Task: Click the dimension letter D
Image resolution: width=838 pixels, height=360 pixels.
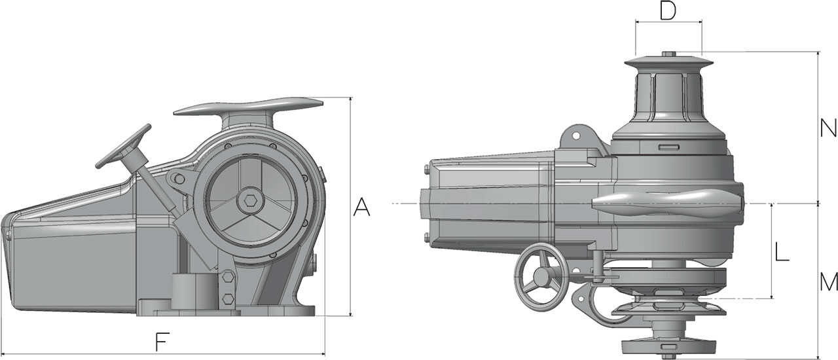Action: [668, 10]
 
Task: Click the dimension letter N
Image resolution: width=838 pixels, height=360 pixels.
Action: [828, 128]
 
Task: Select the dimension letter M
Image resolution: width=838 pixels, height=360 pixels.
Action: [829, 282]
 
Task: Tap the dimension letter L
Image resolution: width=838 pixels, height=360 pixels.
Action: [782, 251]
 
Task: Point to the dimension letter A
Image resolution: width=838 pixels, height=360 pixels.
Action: [361, 207]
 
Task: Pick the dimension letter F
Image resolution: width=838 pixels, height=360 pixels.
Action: [162, 342]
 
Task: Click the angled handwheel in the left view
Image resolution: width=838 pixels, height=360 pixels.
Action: [123, 147]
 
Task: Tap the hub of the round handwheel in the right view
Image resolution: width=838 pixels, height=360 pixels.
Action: [541, 278]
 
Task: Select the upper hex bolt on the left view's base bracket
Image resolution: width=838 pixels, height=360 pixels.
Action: [228, 278]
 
